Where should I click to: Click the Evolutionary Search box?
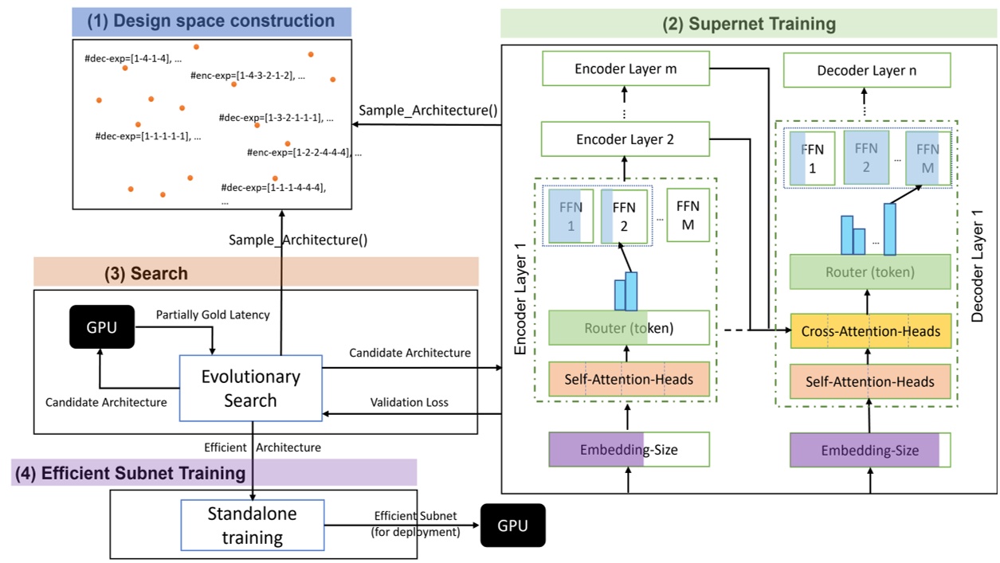(250, 388)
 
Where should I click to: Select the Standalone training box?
(253, 525)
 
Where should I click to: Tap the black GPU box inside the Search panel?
(102, 327)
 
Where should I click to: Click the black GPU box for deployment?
(513, 526)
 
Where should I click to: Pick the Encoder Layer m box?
(625, 68)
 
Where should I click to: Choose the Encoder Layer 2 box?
(625, 139)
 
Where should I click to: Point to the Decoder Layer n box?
(867, 70)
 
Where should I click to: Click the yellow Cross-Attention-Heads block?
(871, 331)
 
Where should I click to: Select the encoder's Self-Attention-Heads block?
(629, 379)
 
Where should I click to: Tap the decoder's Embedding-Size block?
(870, 450)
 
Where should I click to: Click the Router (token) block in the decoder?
(870, 272)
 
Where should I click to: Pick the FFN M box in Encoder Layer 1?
(688, 215)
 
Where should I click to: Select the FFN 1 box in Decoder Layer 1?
(812, 158)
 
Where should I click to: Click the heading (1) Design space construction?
(211, 21)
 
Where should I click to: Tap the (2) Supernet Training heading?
(749, 24)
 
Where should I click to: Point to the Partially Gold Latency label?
(213, 315)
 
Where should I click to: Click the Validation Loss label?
(409, 402)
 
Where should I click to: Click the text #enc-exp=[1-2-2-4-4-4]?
(299, 152)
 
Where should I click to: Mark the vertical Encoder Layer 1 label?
(520, 299)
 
